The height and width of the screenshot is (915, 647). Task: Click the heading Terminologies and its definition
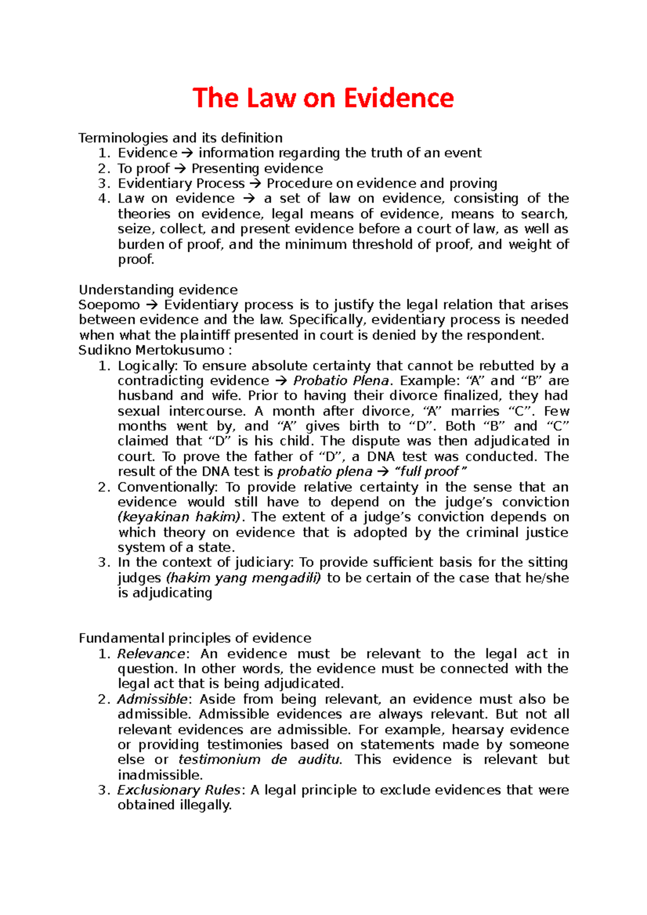180,138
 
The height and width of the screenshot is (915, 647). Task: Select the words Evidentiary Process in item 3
181,184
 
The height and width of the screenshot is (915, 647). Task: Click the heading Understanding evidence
158,290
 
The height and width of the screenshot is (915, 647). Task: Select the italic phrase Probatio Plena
341,381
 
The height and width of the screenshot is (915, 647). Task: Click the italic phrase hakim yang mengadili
244,578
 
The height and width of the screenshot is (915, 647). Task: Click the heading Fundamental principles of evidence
195,639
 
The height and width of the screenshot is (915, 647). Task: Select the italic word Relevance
152,654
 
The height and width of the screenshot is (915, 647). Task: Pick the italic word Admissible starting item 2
152,699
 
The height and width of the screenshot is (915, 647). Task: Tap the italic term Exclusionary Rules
178,791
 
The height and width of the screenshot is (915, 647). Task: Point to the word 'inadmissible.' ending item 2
160,775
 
